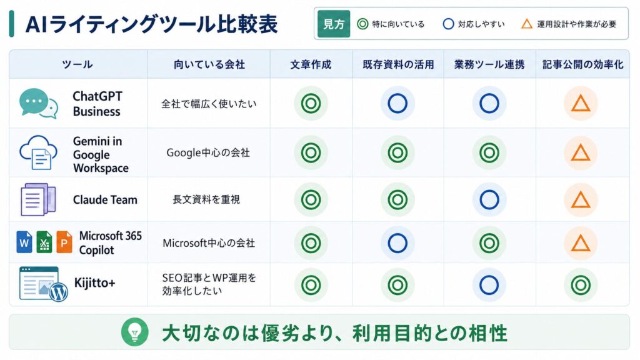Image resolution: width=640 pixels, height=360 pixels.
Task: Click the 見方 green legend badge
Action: [334, 24]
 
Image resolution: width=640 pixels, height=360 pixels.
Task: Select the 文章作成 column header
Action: [311, 64]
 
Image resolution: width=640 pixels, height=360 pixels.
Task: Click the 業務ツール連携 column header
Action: [489, 64]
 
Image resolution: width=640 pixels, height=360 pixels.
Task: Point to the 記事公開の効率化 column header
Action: [582, 64]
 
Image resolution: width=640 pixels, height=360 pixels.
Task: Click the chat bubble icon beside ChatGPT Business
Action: [38, 104]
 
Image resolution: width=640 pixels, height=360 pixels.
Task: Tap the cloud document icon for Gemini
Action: [38, 152]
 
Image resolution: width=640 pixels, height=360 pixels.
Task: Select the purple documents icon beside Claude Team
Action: [37, 199]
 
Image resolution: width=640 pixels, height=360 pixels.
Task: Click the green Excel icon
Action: [44, 242]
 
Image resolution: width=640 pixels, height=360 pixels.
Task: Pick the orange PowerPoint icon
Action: [64, 242]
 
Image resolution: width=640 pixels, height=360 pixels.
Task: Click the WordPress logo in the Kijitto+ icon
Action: [58, 292]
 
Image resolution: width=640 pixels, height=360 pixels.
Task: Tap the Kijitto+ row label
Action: [95, 283]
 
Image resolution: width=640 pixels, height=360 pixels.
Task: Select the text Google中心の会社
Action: [208, 152]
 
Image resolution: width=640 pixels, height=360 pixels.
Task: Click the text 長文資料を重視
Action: [206, 199]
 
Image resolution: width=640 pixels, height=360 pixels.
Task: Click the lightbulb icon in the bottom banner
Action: [135, 332]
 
